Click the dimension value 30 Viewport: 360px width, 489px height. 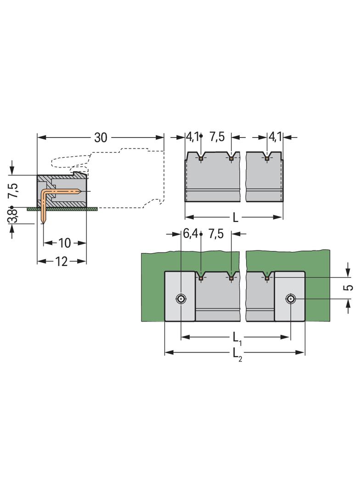click(x=101, y=137)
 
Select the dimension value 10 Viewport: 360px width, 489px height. click(x=64, y=243)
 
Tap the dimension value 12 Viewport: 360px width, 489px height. click(x=61, y=261)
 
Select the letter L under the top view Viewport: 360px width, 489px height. click(x=236, y=217)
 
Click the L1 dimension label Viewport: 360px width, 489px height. click(x=236, y=338)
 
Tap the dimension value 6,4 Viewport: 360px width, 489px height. click(x=191, y=234)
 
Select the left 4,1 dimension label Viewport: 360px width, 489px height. click(x=191, y=137)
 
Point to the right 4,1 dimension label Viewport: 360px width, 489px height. click(x=275, y=137)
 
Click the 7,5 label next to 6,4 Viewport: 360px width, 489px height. click(x=217, y=234)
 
